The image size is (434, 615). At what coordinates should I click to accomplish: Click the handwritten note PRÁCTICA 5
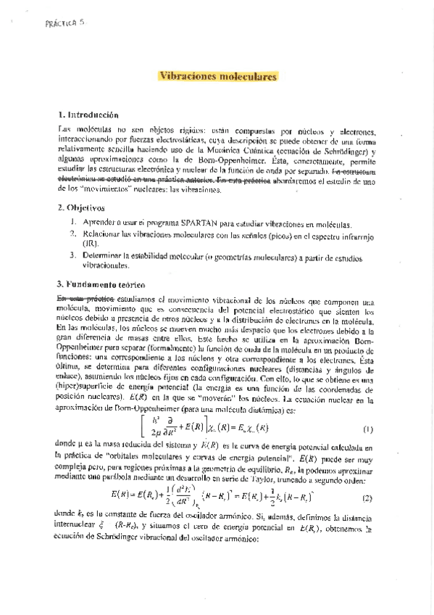click(64, 23)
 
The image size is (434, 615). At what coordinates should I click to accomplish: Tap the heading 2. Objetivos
click(80, 207)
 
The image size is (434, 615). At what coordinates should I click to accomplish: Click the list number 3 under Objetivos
click(72, 255)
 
